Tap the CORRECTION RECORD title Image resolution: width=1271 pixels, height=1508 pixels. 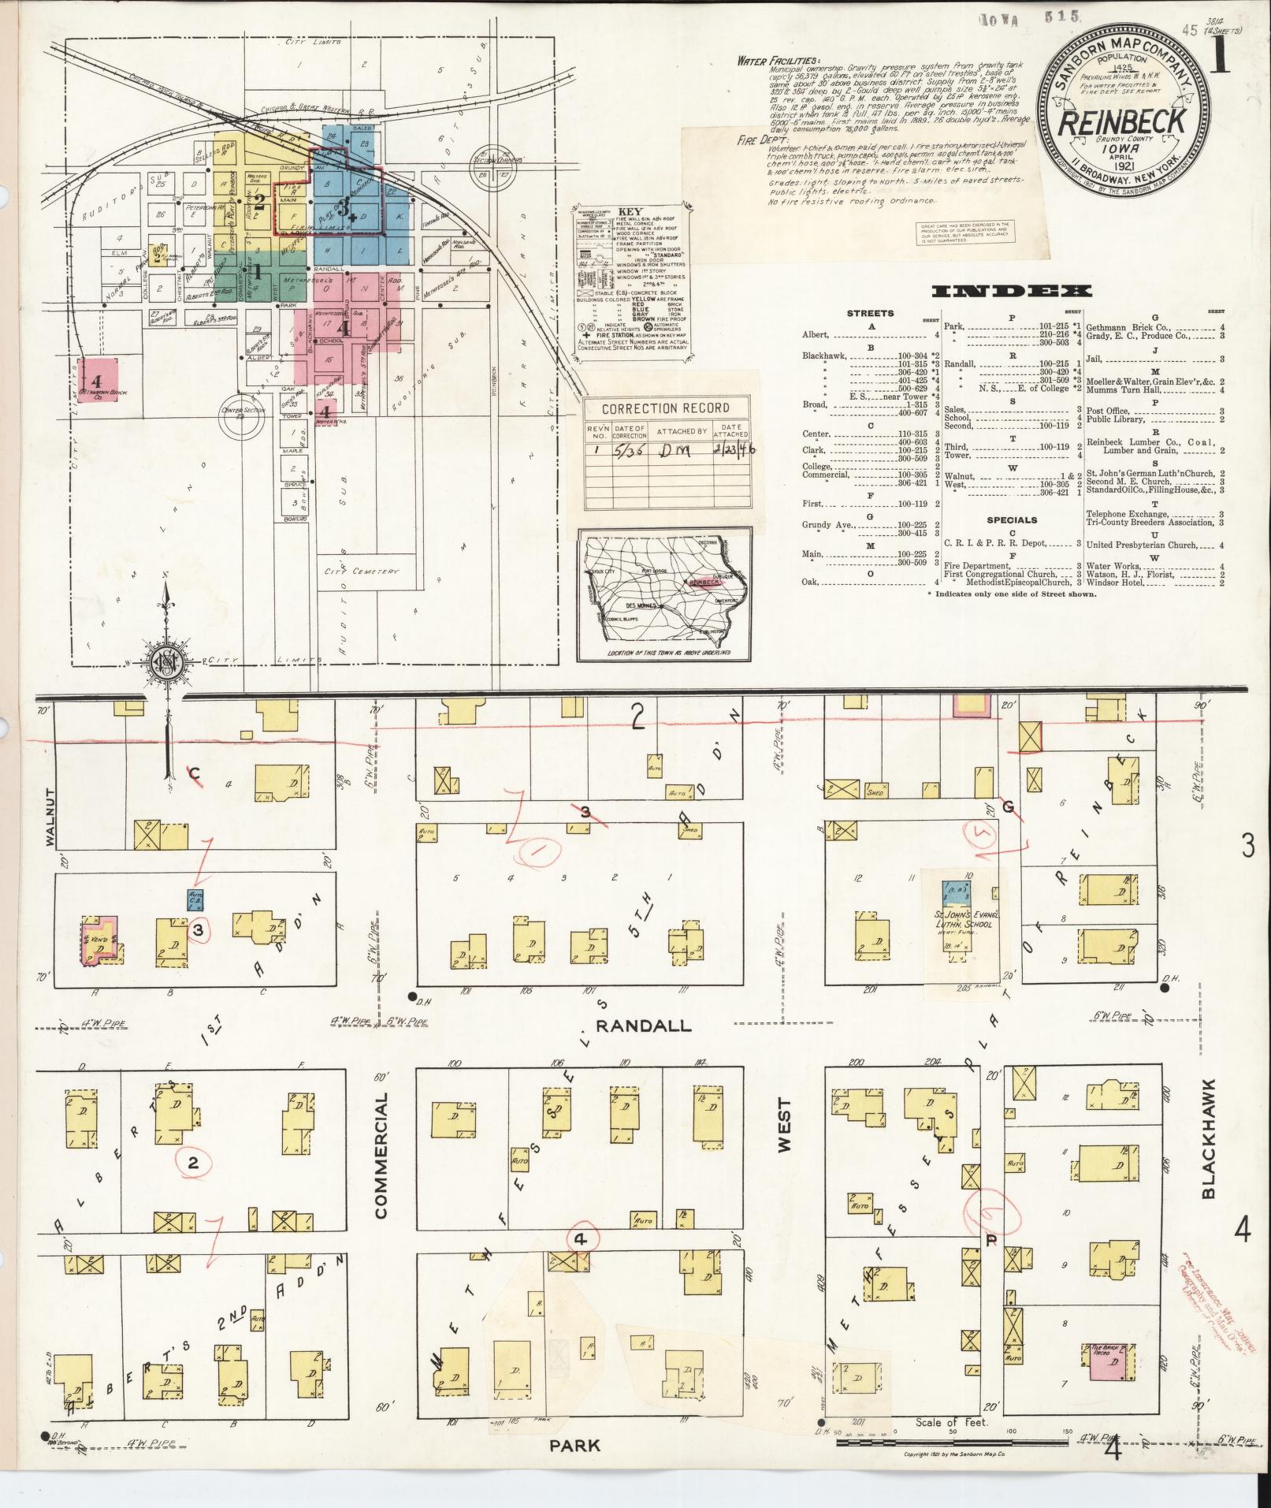click(x=665, y=408)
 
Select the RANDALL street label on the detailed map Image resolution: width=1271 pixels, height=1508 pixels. click(x=643, y=1026)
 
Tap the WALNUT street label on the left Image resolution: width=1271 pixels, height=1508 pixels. click(x=50, y=817)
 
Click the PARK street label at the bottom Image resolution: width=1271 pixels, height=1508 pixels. click(x=575, y=1446)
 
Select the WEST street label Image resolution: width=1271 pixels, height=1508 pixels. click(x=784, y=1126)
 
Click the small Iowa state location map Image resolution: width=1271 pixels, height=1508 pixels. click(x=663, y=596)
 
